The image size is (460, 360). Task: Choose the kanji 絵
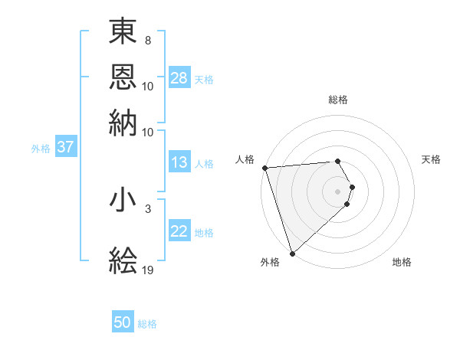[x=123, y=260]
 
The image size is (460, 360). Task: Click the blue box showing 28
[x=179, y=78]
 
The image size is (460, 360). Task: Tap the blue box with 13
[x=179, y=162]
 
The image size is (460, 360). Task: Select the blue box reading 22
[x=179, y=231]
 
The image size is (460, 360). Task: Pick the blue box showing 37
[x=66, y=148]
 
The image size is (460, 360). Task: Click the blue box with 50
[x=123, y=322]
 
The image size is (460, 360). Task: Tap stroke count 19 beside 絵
[x=149, y=270]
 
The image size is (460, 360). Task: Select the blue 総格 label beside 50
[x=147, y=324]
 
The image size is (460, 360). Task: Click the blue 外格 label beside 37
[x=41, y=149]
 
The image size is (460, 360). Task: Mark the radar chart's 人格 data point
[x=264, y=168]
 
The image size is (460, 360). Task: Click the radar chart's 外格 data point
[x=292, y=253]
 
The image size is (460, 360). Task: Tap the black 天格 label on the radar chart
[x=431, y=159]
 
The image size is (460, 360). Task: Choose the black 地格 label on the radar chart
[x=402, y=262]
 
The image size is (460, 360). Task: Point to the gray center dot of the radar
[x=337, y=191]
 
